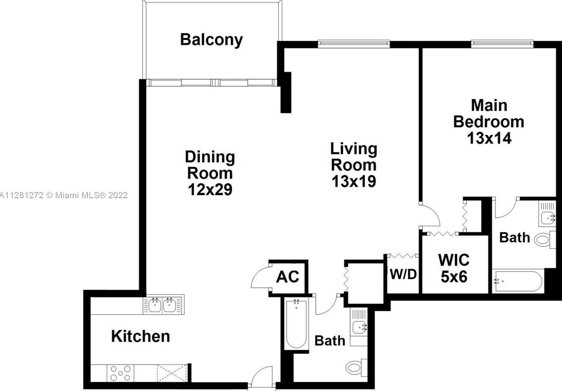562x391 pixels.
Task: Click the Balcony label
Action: (x=211, y=40)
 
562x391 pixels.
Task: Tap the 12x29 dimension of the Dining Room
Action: (x=210, y=190)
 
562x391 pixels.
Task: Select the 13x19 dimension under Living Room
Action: (x=354, y=181)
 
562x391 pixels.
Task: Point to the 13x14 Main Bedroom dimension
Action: (x=489, y=138)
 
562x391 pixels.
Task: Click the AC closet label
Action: (x=288, y=277)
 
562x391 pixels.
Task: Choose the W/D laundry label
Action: (x=403, y=274)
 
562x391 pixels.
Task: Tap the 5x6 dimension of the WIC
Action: (x=454, y=277)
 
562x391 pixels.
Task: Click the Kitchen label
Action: (x=140, y=336)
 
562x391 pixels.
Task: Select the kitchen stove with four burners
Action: (x=121, y=373)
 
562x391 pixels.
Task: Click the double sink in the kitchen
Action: (x=162, y=305)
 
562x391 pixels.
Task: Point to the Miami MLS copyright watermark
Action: (x=64, y=195)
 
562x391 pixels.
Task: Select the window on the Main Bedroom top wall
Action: (x=502, y=43)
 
